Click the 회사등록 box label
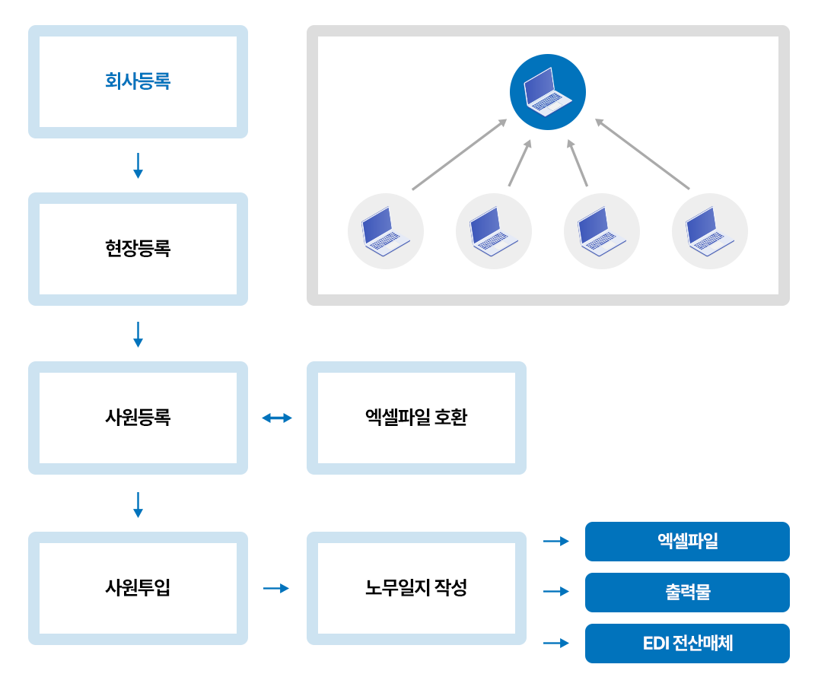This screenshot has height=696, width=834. point(138,81)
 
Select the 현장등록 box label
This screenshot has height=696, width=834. point(138,249)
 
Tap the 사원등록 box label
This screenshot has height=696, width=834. point(138,418)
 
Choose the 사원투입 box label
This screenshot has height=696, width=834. point(138,588)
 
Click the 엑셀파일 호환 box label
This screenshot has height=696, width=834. point(416,418)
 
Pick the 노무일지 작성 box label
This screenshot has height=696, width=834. point(416,588)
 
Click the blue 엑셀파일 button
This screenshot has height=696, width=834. point(687,542)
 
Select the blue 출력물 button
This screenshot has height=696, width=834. point(687,593)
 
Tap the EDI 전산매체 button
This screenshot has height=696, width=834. point(687,644)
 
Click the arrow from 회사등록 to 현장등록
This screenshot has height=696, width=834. point(138,166)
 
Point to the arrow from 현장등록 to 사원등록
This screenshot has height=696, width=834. point(138,335)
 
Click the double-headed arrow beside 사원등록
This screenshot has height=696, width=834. point(277,418)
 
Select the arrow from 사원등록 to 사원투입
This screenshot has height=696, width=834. point(138,505)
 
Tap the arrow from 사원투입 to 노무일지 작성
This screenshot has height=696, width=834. point(276,588)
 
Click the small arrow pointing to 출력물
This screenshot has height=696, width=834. point(556,591)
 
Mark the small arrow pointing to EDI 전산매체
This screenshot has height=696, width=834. point(556,643)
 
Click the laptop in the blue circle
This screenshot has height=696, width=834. point(548,92)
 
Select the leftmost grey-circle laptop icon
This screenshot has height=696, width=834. point(386,231)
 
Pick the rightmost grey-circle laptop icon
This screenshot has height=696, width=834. point(710,231)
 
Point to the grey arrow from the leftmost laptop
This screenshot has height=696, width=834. point(459,154)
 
